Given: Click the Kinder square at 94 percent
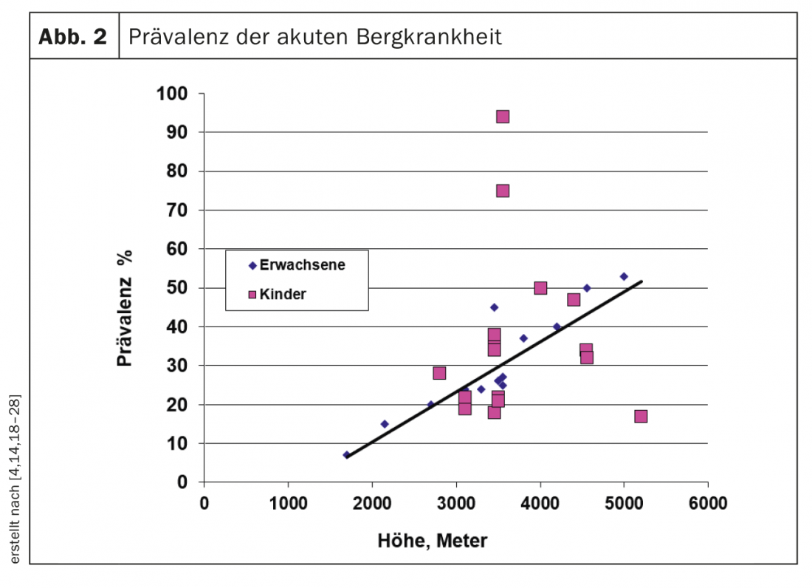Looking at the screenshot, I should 503,117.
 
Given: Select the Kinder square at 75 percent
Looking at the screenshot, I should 503,191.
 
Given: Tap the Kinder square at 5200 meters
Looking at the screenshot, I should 641,417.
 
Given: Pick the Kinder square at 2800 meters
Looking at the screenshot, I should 439,373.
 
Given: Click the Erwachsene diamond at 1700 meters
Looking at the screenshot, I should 346,455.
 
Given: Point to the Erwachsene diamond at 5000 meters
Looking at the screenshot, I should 624,276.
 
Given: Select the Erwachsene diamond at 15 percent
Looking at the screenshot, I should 384,424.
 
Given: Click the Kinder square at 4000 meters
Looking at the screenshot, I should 540,288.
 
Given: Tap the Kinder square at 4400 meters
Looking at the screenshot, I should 574,300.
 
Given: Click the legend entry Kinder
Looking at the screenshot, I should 283,294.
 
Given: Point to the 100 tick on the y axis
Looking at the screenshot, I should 173,94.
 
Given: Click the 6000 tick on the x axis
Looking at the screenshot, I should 708,504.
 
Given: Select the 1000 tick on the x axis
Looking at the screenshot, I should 288,504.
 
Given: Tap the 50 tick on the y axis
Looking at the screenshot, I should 178,288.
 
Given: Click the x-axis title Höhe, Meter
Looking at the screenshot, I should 433,541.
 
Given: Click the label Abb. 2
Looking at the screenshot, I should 72,37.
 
